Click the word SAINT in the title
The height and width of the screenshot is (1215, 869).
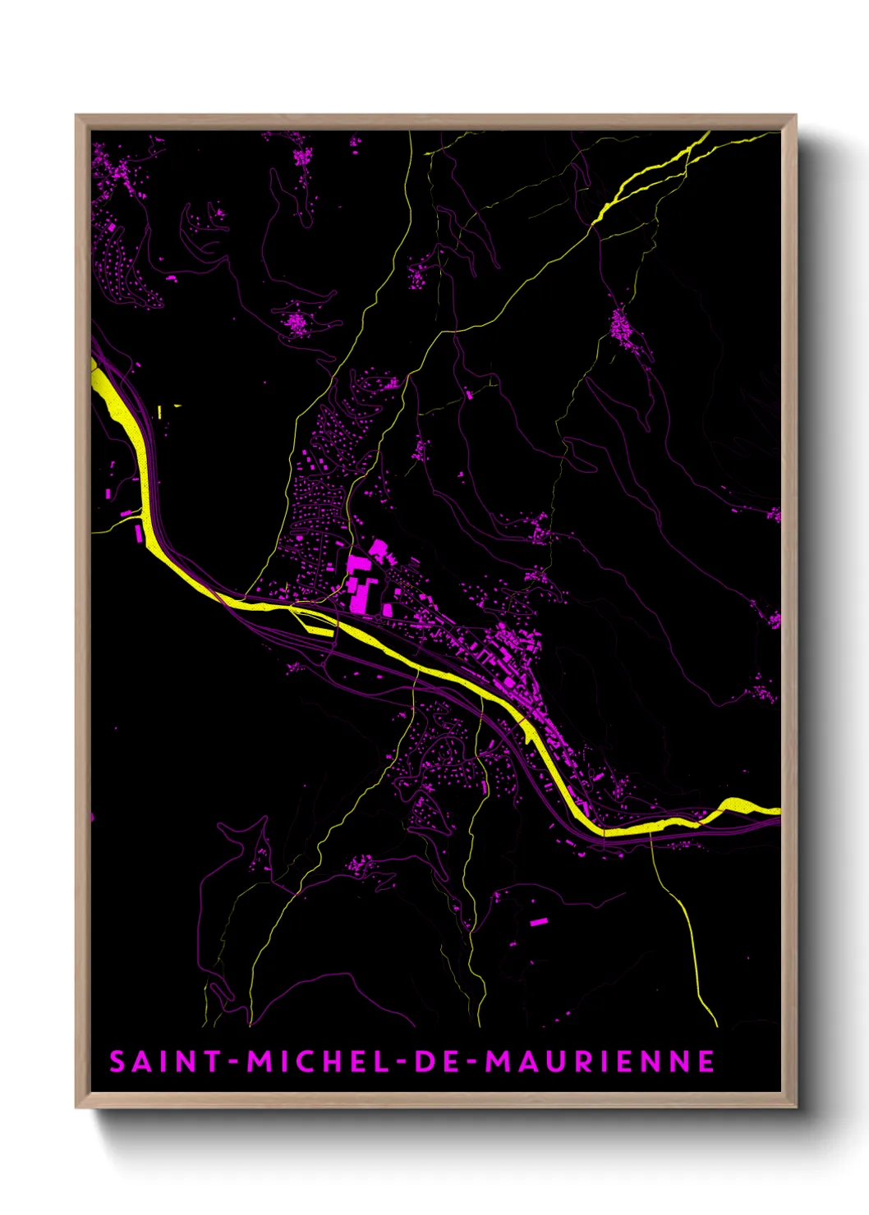click(x=165, y=1061)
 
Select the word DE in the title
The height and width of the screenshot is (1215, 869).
click(x=431, y=1061)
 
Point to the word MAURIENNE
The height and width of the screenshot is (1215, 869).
click(x=600, y=1061)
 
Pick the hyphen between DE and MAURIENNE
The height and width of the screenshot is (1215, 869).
click(x=471, y=1062)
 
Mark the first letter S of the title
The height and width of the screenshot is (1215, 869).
click(x=117, y=1061)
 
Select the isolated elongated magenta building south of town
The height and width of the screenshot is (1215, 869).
click(x=538, y=922)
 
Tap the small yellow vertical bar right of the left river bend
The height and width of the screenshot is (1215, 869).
click(x=160, y=410)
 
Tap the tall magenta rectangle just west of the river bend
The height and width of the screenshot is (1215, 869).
click(x=139, y=533)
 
